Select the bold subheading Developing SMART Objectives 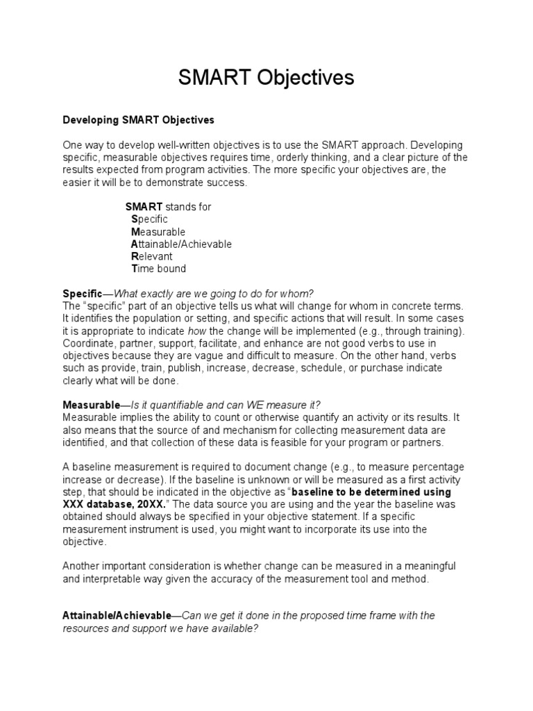(x=139, y=119)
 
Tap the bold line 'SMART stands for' (x=168, y=207)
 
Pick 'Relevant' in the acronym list (x=152, y=256)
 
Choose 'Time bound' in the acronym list (x=159, y=269)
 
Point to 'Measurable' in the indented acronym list (x=158, y=232)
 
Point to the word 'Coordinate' (x=86, y=344)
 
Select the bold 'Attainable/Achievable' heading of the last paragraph (x=117, y=616)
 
